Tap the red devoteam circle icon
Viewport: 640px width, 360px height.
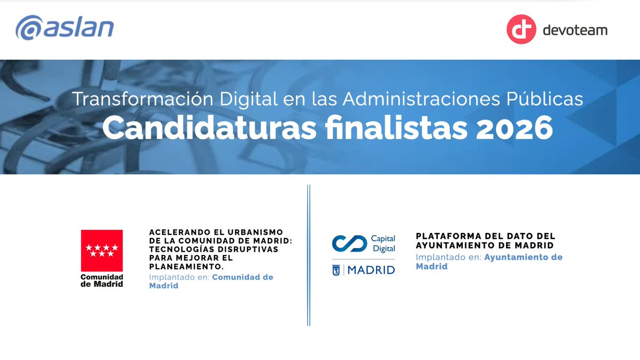(x=521, y=29)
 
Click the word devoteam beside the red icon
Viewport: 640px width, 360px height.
(x=574, y=30)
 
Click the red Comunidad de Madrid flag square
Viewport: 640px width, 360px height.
(x=102, y=250)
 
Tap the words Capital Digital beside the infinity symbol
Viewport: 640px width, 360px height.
(x=383, y=244)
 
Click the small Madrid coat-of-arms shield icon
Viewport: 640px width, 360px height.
(x=337, y=270)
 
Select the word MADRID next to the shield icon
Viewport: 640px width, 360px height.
(x=371, y=270)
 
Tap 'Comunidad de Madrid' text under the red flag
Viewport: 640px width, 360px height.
(x=102, y=281)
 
